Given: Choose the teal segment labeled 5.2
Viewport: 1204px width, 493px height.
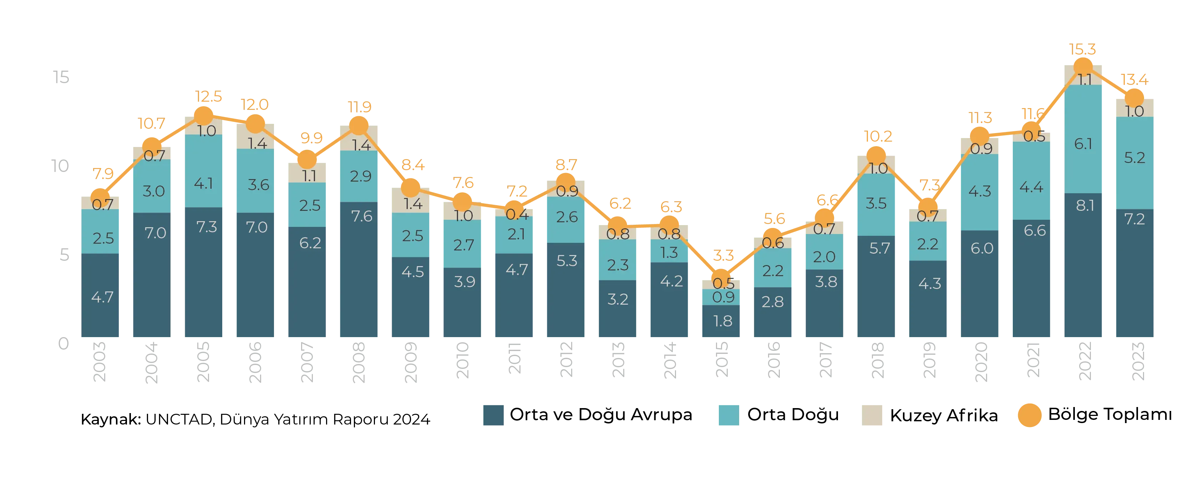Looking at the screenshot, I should coord(1135,163).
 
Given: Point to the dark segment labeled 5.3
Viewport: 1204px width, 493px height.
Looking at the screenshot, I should coord(565,291).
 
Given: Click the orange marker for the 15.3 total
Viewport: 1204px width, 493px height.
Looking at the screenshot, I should coord(1083,67).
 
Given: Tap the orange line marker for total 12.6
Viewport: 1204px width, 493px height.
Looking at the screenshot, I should coord(203,116).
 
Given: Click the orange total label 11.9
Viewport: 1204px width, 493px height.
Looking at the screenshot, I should coord(359,107).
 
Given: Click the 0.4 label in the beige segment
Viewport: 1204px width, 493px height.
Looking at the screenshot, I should coord(517,214).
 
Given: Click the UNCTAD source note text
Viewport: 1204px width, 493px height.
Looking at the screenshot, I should coord(255,420).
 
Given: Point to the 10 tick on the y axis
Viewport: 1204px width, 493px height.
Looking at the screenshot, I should coord(61,166).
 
